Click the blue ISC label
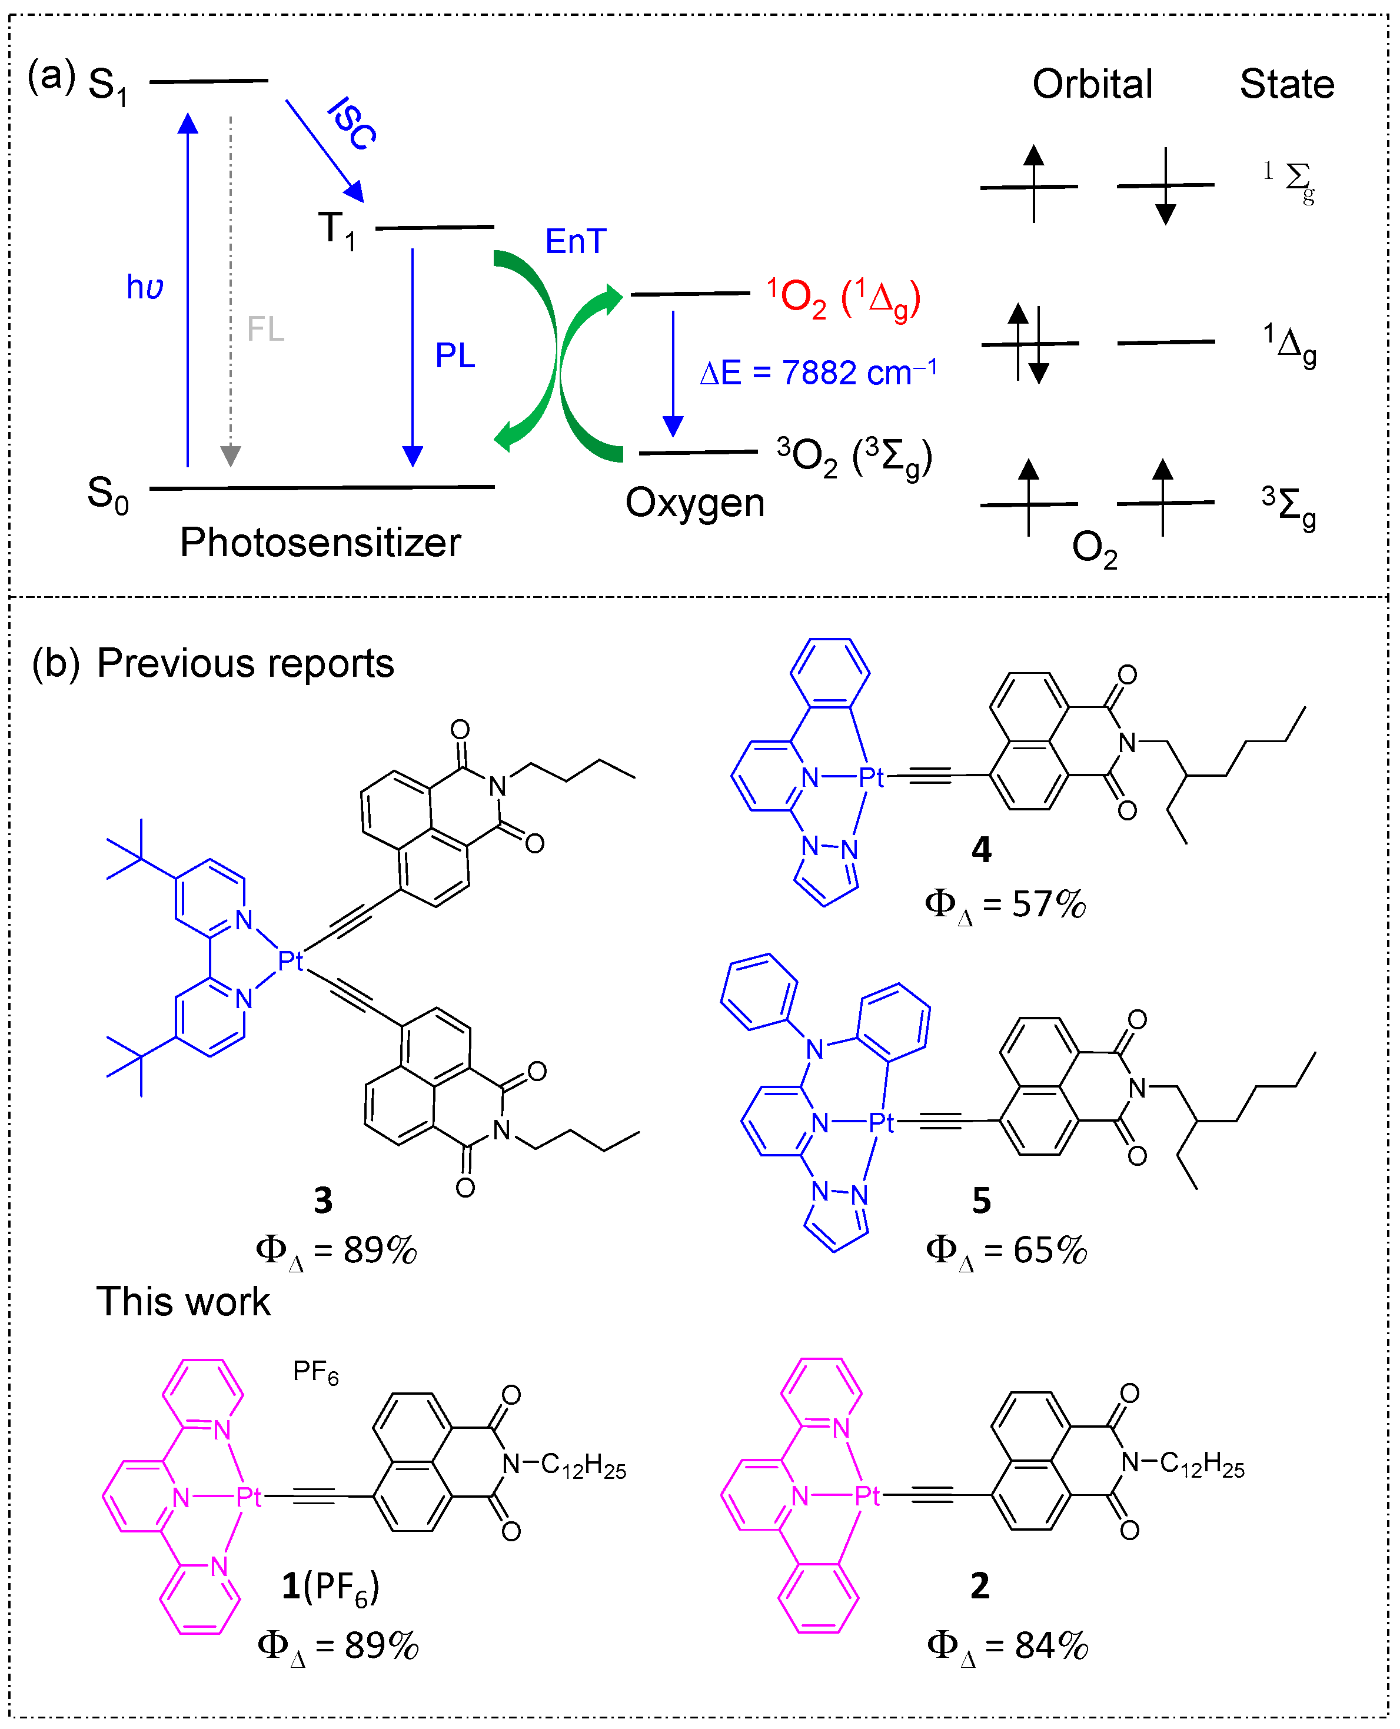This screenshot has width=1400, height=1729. point(353,124)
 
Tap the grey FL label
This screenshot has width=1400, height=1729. point(265,329)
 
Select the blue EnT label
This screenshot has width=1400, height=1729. point(575,241)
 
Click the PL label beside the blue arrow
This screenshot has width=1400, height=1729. point(455,355)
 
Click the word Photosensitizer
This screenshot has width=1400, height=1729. point(320,542)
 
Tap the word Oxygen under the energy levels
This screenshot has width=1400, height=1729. point(694,503)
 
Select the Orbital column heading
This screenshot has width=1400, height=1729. point(1092,84)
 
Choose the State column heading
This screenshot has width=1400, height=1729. point(1286,84)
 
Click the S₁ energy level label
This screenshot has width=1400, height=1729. point(107,85)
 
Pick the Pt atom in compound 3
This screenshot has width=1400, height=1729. point(290,960)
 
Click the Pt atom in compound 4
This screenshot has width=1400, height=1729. point(871,777)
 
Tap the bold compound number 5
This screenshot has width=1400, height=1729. point(980,1200)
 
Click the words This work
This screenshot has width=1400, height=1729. point(183,1302)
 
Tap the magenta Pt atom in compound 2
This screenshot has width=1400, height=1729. point(867,1496)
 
